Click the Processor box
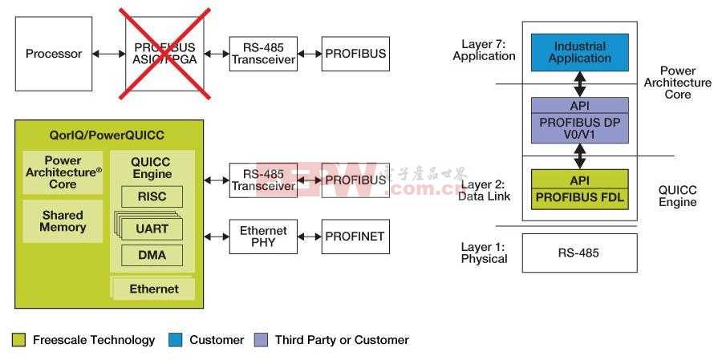pyautogui.click(x=54, y=55)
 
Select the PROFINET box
pyautogui.click(x=355, y=237)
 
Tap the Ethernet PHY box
pyautogui.click(x=263, y=237)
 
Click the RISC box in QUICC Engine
pyautogui.click(x=152, y=196)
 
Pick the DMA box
pyautogui.click(x=152, y=256)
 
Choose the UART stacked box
pyautogui.click(x=152, y=229)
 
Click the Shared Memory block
pyautogui.click(x=63, y=220)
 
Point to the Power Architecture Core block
pyautogui.click(x=63, y=172)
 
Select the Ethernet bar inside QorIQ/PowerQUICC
pyautogui.click(x=154, y=289)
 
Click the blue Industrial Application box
pyautogui.click(x=580, y=52)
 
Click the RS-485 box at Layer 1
pyautogui.click(x=579, y=253)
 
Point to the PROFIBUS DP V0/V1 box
pyautogui.click(x=580, y=127)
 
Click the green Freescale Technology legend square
pyautogui.click(x=19, y=340)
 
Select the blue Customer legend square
pyautogui.click(x=176, y=340)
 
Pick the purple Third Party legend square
pyautogui.click(x=261, y=340)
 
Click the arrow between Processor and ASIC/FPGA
pyautogui.click(x=108, y=54)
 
